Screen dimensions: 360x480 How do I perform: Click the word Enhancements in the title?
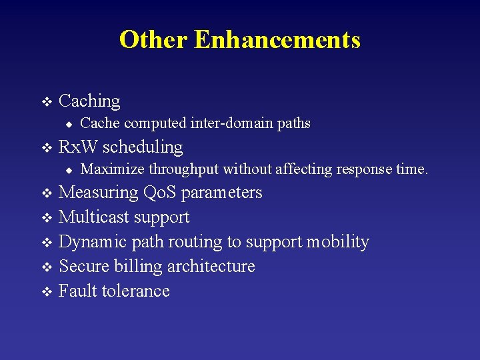[x=277, y=40]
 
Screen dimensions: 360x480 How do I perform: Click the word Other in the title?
[x=153, y=40]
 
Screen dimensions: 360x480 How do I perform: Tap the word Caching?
[x=89, y=101]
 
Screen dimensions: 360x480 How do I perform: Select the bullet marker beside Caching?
[x=46, y=102]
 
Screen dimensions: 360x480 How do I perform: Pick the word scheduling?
[x=143, y=147]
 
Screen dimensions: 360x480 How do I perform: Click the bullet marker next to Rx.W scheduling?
[x=46, y=147]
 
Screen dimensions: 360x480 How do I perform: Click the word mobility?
[x=337, y=242]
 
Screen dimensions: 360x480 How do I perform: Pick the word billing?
[x=138, y=267]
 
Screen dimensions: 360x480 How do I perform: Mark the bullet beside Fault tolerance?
[x=46, y=291]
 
